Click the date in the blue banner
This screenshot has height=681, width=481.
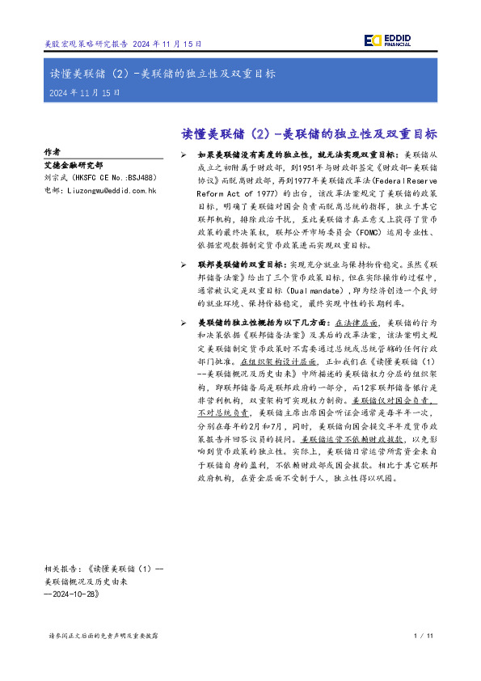pyautogui.click(x=84, y=93)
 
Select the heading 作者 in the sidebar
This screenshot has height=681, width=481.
pyautogui.click(x=52, y=151)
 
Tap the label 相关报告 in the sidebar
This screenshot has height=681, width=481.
pyautogui.click(x=61, y=569)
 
